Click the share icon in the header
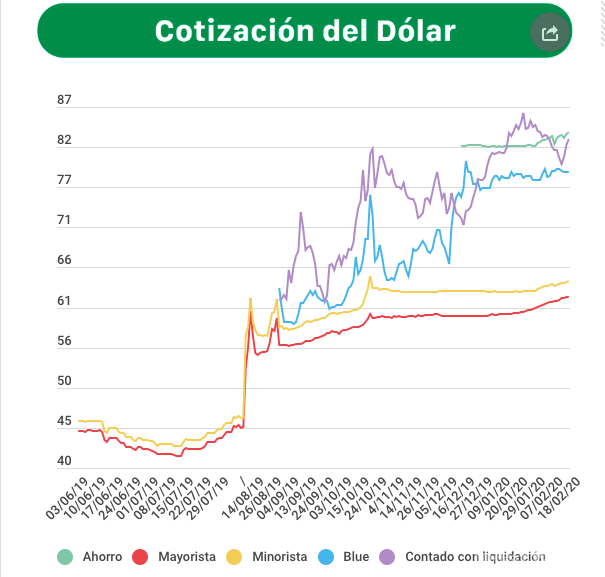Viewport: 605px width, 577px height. (x=549, y=33)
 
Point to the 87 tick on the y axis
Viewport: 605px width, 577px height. (x=65, y=100)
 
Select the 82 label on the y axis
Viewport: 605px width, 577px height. (x=65, y=140)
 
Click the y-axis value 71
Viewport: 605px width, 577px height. (x=65, y=220)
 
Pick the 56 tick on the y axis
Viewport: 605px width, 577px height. (x=65, y=341)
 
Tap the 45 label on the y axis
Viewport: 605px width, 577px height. (x=65, y=421)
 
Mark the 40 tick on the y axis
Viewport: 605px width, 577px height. (x=65, y=461)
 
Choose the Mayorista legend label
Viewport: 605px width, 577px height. (x=187, y=556)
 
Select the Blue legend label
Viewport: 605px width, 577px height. (x=355, y=556)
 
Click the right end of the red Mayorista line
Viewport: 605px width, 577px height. (x=568, y=296)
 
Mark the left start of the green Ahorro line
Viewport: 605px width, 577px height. (x=462, y=146)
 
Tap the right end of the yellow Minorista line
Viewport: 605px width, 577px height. (x=568, y=281)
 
